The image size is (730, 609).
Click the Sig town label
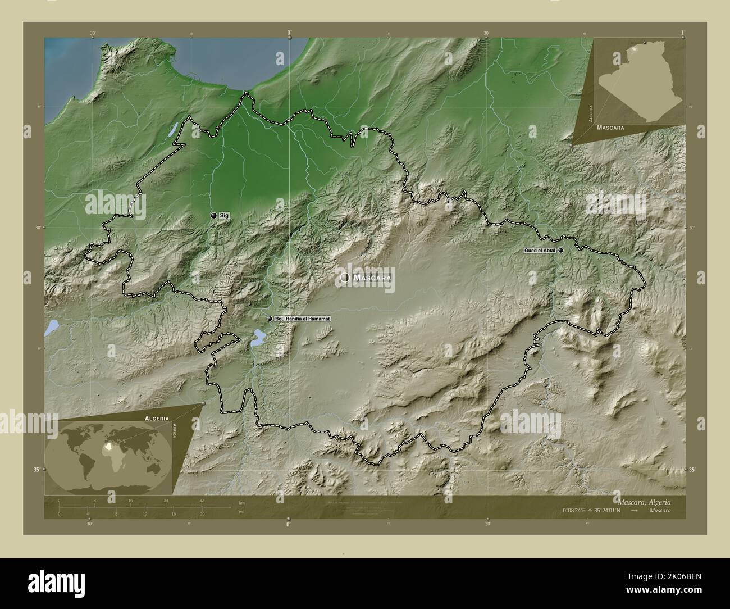point(223,216)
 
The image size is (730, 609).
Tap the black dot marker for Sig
point(213,216)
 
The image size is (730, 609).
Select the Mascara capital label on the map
point(372,278)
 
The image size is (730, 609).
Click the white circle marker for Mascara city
point(344,278)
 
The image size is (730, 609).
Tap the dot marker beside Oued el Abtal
point(560,251)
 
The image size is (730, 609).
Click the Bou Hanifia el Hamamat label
point(303,319)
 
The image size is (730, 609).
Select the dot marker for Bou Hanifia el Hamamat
point(270,319)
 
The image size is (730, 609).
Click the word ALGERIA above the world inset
point(157,419)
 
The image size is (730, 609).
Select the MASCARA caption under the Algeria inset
point(612,128)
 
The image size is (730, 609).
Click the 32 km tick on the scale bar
point(202,500)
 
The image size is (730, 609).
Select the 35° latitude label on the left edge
point(36,470)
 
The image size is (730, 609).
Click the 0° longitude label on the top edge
point(289,34)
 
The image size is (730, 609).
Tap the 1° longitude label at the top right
point(682,33)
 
